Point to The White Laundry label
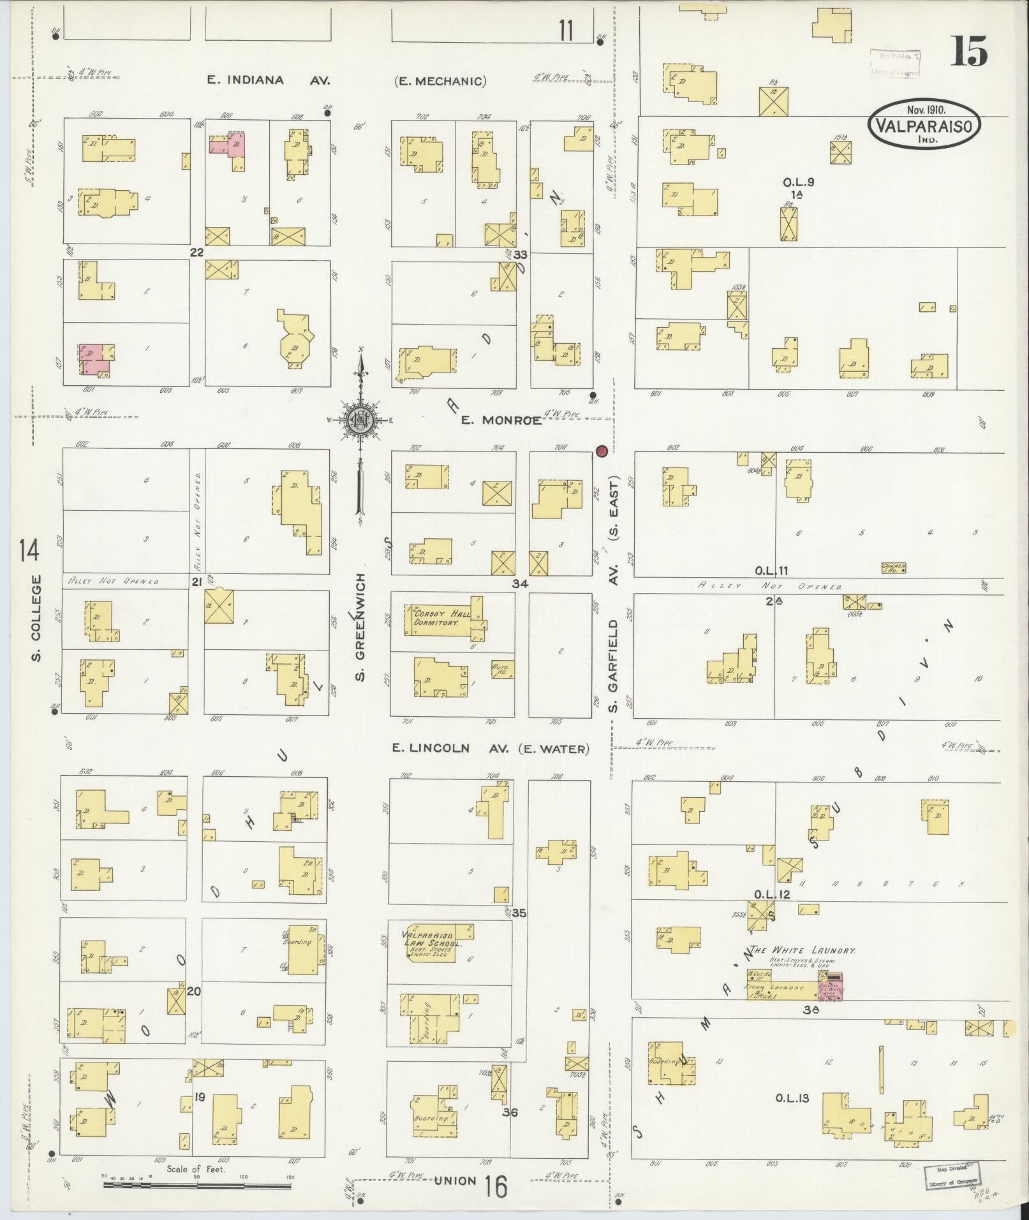[803, 950]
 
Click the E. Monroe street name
[501, 420]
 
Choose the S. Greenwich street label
[360, 626]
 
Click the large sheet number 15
[969, 52]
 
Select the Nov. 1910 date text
[924, 109]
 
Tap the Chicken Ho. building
[893, 567]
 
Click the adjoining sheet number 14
[30, 550]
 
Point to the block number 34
[520, 583]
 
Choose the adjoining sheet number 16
[495, 1187]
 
